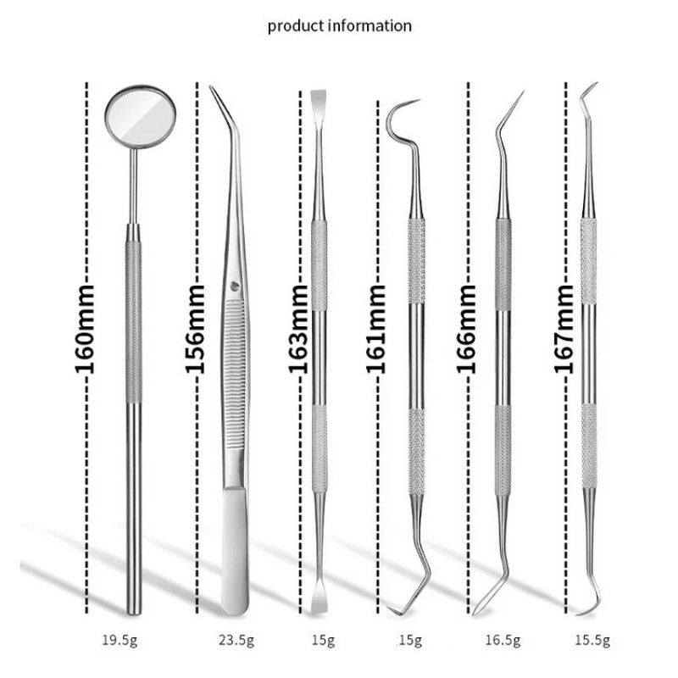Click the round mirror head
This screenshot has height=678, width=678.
pyautogui.click(x=140, y=117)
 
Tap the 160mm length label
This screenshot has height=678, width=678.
pyautogui.click(x=84, y=329)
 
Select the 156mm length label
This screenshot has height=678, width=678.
pyautogui.click(x=195, y=329)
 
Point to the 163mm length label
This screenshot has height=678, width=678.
pyautogui.click(x=298, y=329)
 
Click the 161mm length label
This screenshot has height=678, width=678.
pyautogui.click(x=375, y=329)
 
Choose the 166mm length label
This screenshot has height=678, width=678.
pyautogui.click(x=466, y=329)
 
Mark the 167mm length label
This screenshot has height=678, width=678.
pyautogui.click(x=564, y=329)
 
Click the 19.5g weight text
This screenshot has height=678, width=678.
pyautogui.click(x=119, y=640)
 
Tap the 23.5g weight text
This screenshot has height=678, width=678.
pyautogui.click(x=236, y=640)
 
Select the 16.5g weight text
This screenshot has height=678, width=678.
pyautogui.click(x=503, y=640)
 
